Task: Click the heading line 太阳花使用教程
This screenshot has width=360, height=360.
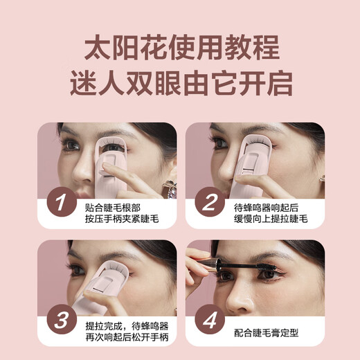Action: point(181,50)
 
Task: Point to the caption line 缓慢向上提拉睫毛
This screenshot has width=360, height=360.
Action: point(267,213)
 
